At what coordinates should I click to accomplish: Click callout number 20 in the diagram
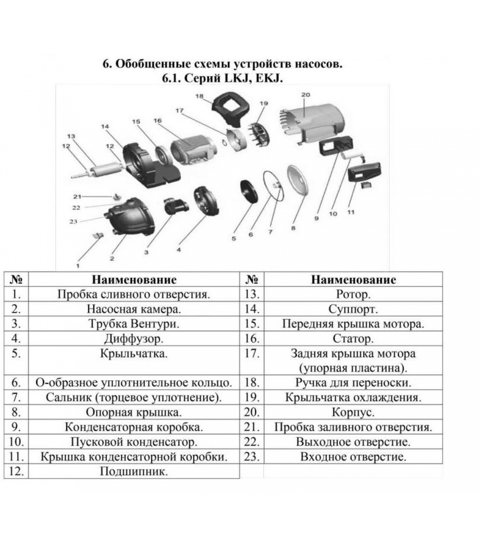click(x=305, y=95)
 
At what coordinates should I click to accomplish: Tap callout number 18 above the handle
click(x=199, y=96)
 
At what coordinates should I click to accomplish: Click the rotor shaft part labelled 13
click(x=103, y=170)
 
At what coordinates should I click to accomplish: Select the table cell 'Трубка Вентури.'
click(x=134, y=324)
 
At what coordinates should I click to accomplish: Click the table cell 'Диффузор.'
click(x=134, y=339)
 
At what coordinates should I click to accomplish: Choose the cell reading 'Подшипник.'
click(x=134, y=471)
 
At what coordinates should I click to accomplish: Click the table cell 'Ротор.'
click(x=353, y=294)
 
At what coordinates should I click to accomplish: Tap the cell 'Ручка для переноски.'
click(x=353, y=383)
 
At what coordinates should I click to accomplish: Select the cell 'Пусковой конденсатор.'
click(x=134, y=442)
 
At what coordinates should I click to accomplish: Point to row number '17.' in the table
click(x=252, y=353)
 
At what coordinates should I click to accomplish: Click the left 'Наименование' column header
click(x=134, y=279)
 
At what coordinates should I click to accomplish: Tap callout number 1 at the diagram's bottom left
click(x=78, y=265)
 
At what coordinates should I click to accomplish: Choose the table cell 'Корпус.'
click(x=353, y=412)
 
